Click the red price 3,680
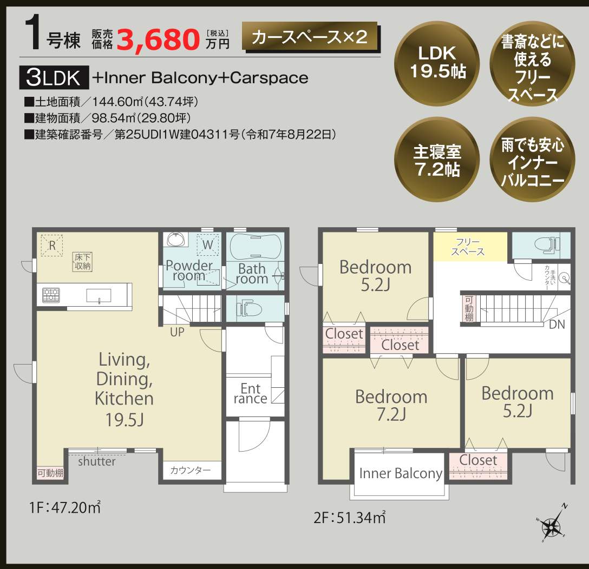158,38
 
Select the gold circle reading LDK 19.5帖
437,62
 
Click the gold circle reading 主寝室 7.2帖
437,160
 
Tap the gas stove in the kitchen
51,295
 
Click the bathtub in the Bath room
255,248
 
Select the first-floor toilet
249,309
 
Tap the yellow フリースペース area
469,247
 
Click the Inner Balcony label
401,474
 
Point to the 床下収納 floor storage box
83,261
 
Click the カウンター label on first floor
190,471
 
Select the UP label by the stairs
177,333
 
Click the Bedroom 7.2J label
391,405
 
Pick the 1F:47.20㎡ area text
65,508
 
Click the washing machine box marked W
209,244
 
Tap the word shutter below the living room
96,462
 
